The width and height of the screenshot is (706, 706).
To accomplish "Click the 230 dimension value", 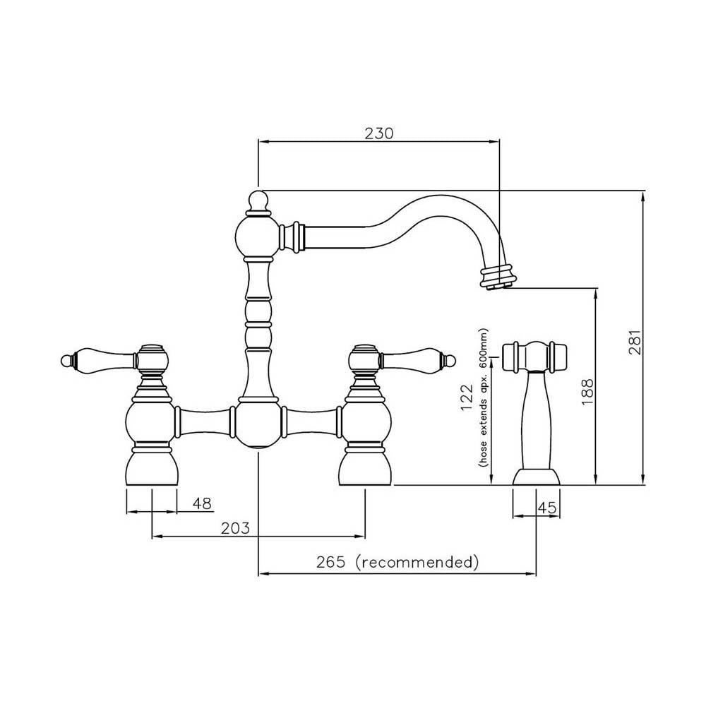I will tap(378, 132).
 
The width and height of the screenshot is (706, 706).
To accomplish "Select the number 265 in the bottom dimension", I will tap(331, 563).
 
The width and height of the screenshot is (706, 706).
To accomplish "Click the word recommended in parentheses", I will tap(417, 563).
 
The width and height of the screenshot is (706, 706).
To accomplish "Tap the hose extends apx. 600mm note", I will tap(484, 399).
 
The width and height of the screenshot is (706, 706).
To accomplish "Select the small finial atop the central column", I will tap(258, 201).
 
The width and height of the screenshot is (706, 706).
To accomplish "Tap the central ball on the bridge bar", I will tap(258, 424).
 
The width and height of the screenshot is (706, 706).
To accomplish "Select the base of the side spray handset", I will tap(536, 478).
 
